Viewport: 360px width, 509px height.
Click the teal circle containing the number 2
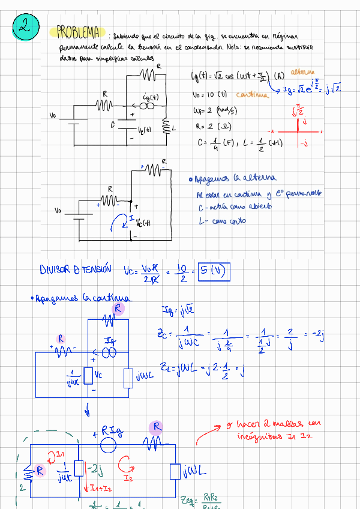pyautogui.click(x=25, y=27)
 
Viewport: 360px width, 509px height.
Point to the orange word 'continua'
pyautogui.click(x=253, y=95)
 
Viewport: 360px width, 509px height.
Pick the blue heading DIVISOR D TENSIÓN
pyautogui.click(x=75, y=270)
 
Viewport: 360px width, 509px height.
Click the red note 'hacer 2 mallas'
pyautogui.click(x=272, y=424)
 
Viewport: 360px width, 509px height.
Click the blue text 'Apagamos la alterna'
pyautogui.click(x=232, y=179)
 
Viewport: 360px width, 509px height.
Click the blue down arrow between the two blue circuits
pyautogui.click(x=88, y=411)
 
